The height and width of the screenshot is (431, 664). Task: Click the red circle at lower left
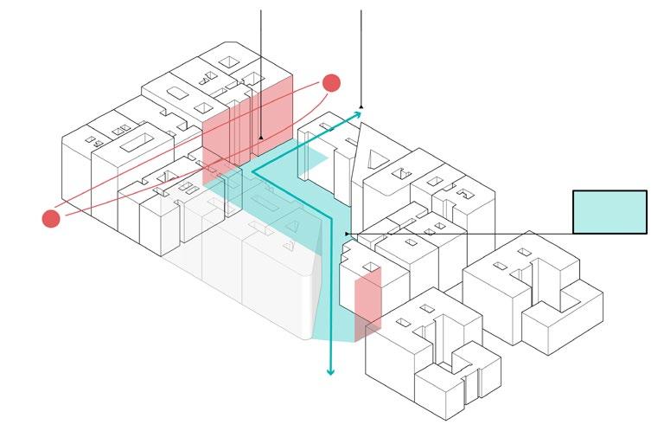51,218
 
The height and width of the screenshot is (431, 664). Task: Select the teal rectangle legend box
610,211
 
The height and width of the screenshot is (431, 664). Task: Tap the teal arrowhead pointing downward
329,371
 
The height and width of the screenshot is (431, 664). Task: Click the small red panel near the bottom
368,298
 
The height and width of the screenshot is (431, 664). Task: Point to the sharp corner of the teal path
252,172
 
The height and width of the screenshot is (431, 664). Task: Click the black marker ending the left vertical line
260,137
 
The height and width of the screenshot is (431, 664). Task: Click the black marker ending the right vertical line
361,106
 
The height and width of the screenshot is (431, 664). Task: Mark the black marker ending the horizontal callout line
347,234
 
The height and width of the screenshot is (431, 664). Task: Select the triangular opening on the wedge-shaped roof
378,159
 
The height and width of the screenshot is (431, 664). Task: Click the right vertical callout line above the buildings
361,52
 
